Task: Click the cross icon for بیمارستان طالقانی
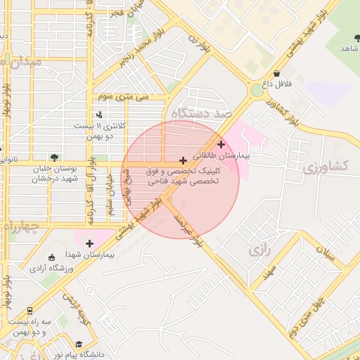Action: click(x=221, y=144)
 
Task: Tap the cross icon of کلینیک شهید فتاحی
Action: click(x=184, y=161)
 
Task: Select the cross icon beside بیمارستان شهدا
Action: click(x=89, y=243)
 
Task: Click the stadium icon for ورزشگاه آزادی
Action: click(x=50, y=257)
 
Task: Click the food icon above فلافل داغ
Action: click(x=276, y=73)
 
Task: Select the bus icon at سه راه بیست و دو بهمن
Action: click(x=30, y=310)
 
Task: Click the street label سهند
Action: click(x=267, y=271)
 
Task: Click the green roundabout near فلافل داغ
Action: click(x=257, y=90)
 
